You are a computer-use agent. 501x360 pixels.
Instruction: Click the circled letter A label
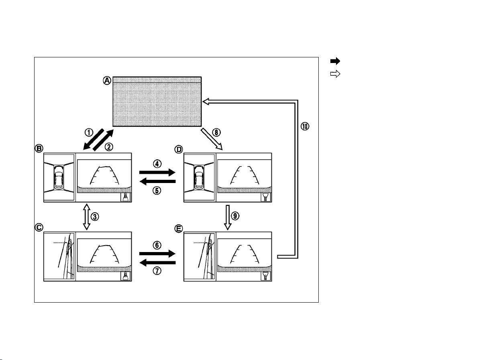tap(107, 81)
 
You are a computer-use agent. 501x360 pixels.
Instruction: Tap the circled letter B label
tap(39, 148)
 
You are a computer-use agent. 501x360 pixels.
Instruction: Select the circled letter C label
tap(39, 228)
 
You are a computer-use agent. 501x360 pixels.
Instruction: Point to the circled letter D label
tap(179, 149)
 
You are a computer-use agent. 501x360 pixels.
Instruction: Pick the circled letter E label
tap(179, 229)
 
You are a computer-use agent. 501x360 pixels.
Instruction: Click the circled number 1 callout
tap(89, 132)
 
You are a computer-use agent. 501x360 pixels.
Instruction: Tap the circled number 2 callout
tap(109, 147)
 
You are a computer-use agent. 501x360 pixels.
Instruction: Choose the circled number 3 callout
tap(95, 217)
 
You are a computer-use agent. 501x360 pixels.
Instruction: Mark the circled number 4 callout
tap(157, 164)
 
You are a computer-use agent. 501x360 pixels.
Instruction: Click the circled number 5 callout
tap(157, 191)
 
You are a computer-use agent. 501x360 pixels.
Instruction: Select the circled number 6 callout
tap(157, 245)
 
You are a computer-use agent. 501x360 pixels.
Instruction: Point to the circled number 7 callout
tap(157, 271)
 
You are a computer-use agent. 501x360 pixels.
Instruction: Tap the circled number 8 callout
tap(216, 132)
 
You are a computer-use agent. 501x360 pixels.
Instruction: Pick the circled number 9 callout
tap(235, 216)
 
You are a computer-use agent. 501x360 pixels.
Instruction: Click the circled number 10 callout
tap(305, 126)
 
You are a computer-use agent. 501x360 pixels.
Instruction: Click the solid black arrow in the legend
tap(335, 61)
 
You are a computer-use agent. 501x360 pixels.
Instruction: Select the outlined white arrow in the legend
tap(335, 74)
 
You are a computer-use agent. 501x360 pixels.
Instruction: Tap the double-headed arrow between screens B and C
tap(87, 217)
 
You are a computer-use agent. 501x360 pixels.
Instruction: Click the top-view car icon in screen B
tap(59, 177)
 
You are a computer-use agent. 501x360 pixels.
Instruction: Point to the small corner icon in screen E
tap(265, 276)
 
